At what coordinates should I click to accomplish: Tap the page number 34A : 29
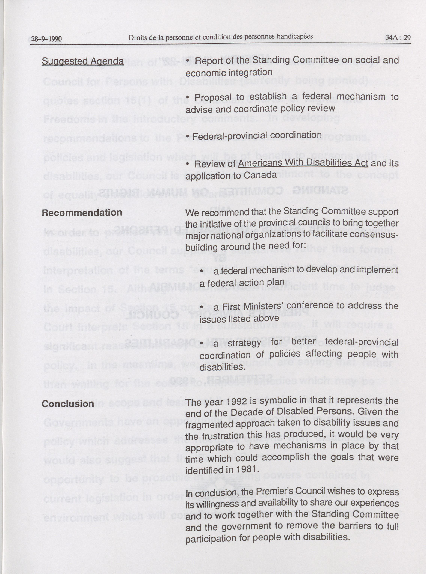coord(398,37)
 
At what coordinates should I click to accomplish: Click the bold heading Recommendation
coord(82,213)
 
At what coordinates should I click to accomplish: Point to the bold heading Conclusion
coord(68,404)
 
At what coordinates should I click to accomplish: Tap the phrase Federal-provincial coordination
coord(257,135)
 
